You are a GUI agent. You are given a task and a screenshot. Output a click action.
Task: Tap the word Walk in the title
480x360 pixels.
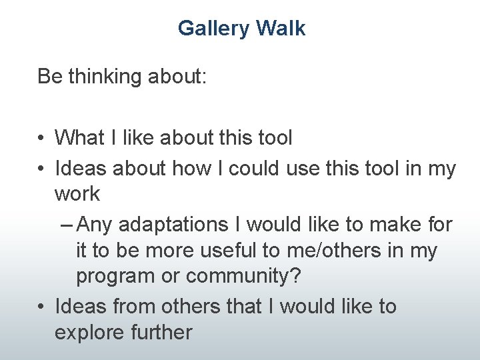[x=281, y=29]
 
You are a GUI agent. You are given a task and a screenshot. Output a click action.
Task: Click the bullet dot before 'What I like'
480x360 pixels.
[x=41, y=139]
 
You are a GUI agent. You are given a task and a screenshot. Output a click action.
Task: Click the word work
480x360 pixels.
[x=77, y=195]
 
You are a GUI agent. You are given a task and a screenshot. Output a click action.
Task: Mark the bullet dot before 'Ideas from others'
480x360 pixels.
[x=41, y=307]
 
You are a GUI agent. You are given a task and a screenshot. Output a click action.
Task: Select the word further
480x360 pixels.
[x=163, y=332]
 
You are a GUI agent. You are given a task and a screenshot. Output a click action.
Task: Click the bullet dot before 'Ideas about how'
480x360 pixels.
[x=41, y=169]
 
